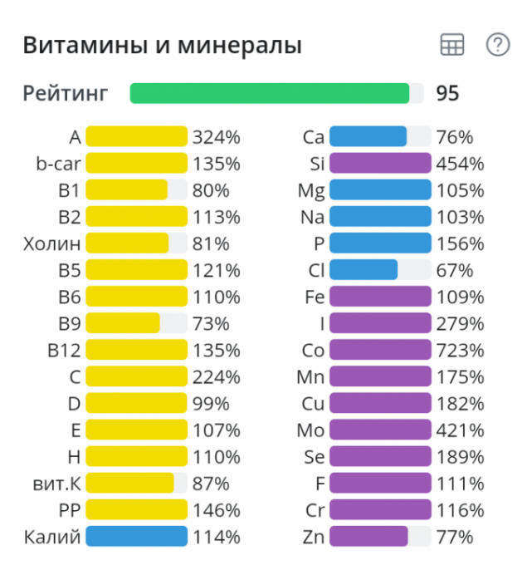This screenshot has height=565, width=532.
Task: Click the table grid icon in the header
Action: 452,45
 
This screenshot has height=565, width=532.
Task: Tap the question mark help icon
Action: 497,45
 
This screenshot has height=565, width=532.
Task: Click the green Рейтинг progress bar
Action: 270,93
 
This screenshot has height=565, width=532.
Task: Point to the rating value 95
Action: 447,93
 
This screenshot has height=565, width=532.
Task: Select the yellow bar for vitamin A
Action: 137,137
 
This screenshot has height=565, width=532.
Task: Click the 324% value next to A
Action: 216,137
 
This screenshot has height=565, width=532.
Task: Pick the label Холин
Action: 52,243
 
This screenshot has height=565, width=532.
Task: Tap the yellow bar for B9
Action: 123,323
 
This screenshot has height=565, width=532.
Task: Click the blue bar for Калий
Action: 137,536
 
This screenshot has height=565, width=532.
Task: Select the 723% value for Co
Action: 460,350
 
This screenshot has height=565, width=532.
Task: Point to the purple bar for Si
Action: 380,164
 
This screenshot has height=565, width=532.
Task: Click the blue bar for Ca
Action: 368,137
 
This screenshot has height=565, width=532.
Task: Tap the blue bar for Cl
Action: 364,270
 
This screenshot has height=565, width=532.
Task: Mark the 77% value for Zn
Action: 454,536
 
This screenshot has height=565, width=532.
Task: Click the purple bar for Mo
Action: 380,430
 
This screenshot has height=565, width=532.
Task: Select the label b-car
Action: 57,164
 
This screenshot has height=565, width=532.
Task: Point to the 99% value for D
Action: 211,403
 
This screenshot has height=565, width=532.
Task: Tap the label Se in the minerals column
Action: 314,456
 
